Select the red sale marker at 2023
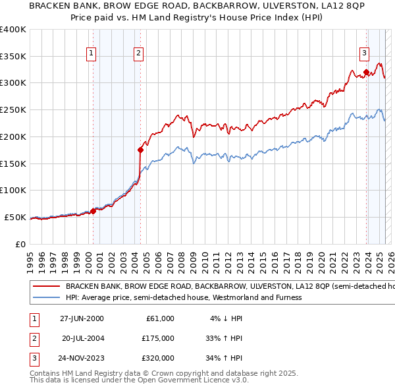tap(366, 72)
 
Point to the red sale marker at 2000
tap(93, 211)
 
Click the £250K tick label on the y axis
tap(13, 110)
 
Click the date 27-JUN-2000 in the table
tap(82, 318)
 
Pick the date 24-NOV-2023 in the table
tap(82, 358)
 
